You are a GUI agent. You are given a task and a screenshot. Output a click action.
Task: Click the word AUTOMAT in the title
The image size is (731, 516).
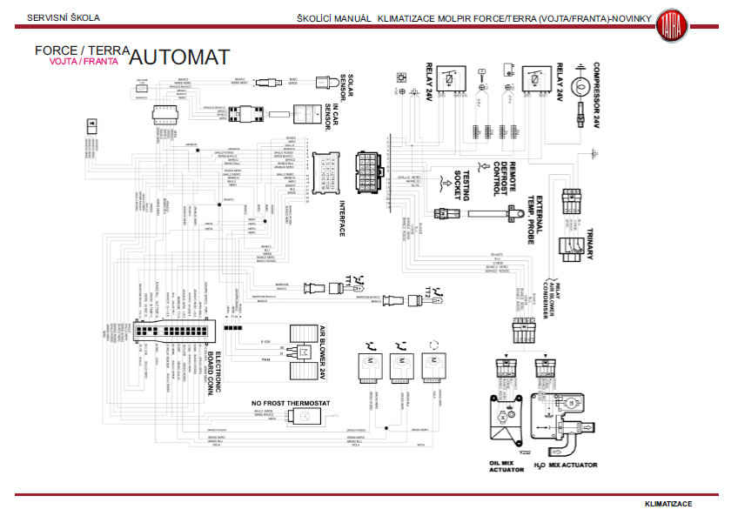[180, 57]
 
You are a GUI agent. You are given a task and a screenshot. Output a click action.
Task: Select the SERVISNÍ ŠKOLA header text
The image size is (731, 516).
[64, 17]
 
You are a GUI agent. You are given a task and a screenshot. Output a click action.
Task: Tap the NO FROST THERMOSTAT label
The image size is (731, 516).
[291, 404]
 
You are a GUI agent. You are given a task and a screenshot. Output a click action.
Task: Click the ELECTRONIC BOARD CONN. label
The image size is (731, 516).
[222, 372]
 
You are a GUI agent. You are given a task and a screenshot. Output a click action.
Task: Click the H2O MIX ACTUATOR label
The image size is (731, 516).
[566, 466]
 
